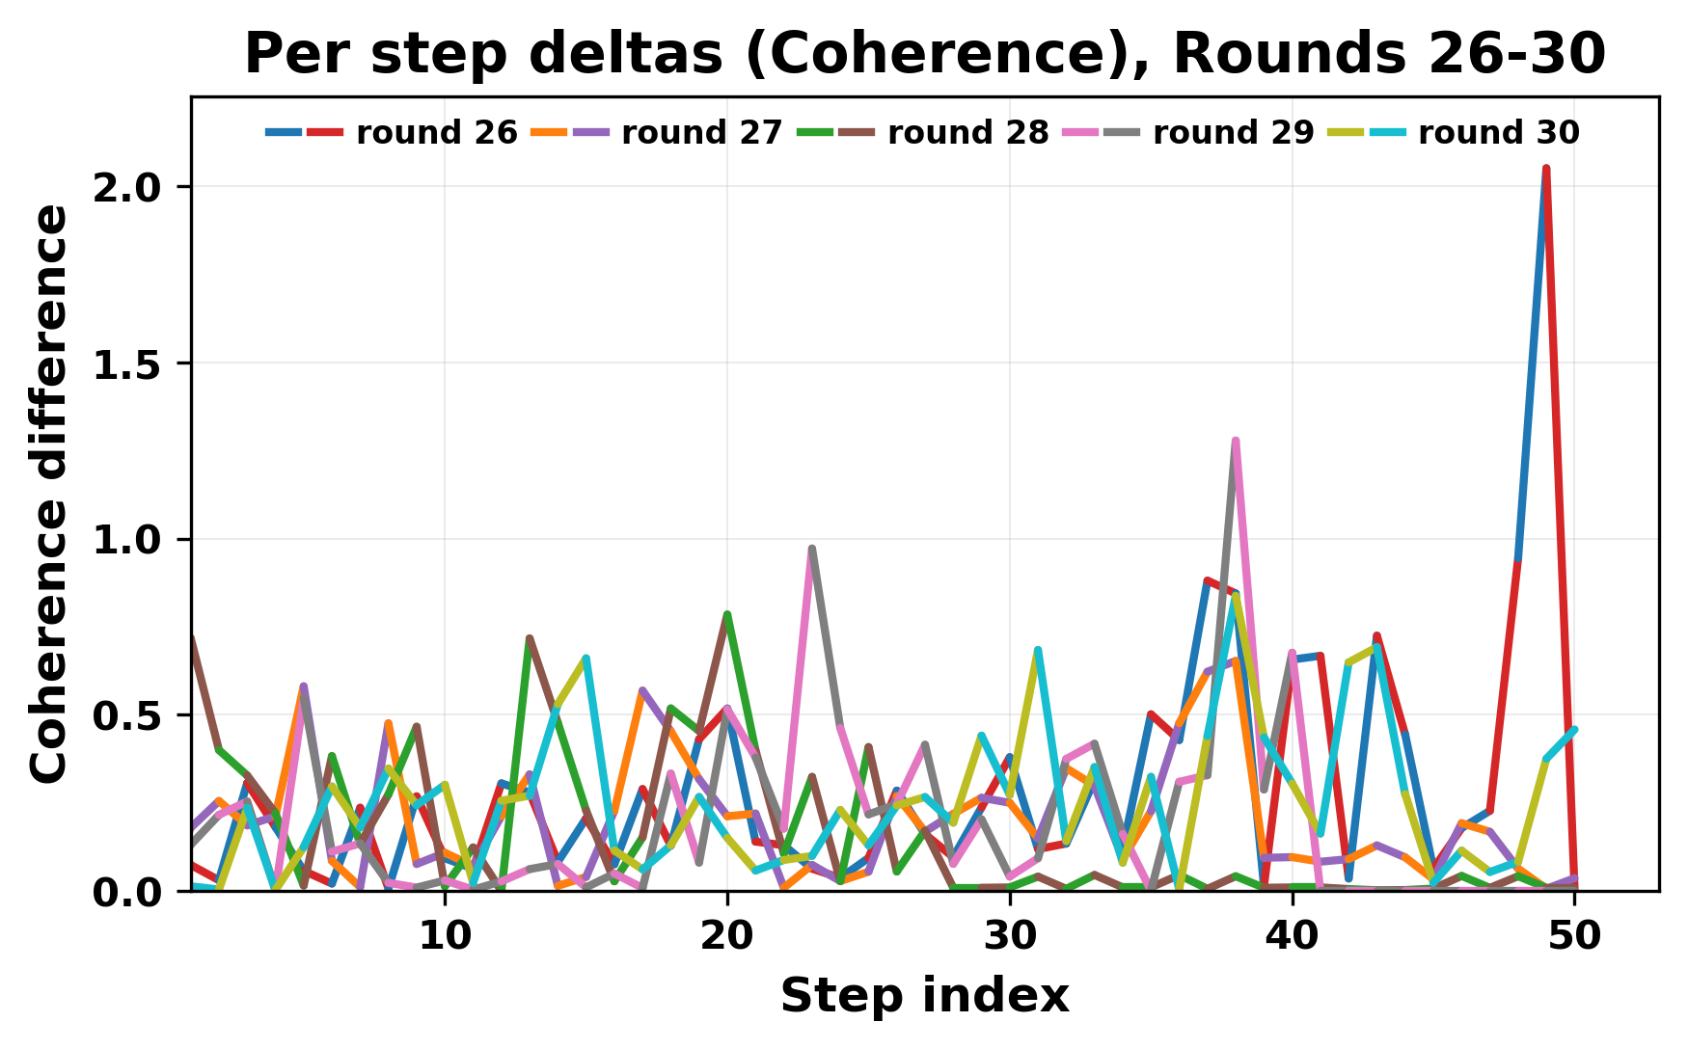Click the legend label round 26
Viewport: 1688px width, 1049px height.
coord(437,133)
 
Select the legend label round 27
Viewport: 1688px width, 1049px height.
coord(702,133)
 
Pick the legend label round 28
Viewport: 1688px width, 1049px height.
coord(967,133)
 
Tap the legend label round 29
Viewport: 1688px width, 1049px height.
coord(1234,133)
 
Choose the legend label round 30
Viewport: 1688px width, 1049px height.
coord(1499,133)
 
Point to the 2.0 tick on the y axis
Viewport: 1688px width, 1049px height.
coord(134,187)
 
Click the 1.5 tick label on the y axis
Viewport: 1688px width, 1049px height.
coord(134,363)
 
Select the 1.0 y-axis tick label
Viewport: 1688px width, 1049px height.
coord(134,540)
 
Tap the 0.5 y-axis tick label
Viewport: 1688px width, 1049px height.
coord(134,716)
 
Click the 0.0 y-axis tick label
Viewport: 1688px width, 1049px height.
coord(134,893)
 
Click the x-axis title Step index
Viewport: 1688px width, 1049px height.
coord(924,996)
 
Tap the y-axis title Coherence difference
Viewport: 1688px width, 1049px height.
coord(50,494)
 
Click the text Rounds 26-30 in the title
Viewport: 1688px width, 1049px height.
coord(1390,55)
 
